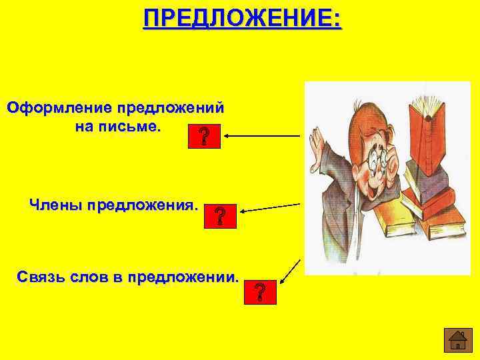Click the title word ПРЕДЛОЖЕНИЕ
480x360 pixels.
click(x=242, y=17)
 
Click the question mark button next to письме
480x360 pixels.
click(x=203, y=137)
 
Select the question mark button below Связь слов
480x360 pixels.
click(x=259, y=292)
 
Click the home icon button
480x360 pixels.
click(x=458, y=340)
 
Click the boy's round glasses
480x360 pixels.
click(x=378, y=160)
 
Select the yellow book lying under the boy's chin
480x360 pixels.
click(x=387, y=221)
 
